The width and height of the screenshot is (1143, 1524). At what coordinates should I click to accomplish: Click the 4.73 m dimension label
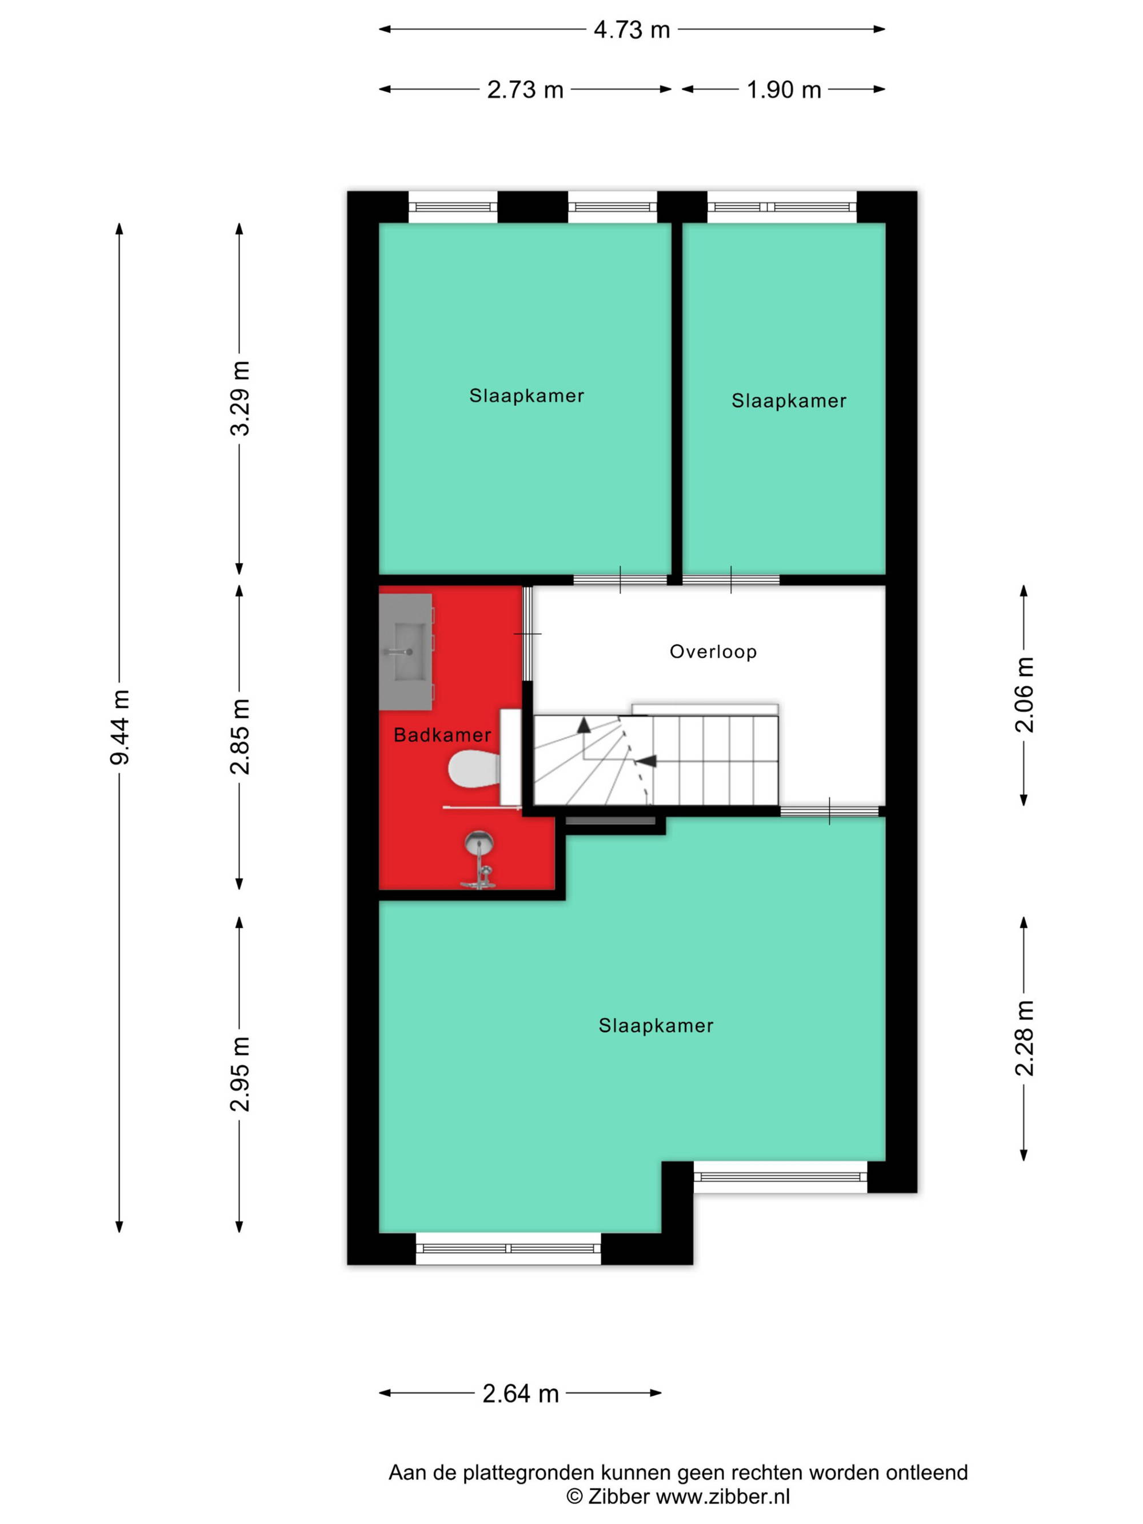(631, 30)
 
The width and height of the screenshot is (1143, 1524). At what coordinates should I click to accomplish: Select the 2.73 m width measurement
(525, 90)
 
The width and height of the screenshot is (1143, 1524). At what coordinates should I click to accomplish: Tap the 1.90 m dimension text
(784, 90)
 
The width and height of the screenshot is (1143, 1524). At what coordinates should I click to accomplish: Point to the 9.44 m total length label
(120, 727)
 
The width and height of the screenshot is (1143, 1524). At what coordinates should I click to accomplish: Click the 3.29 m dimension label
(240, 398)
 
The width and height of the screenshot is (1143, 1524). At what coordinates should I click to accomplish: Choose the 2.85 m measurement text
(240, 736)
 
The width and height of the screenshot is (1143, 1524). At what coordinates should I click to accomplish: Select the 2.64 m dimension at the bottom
(520, 1394)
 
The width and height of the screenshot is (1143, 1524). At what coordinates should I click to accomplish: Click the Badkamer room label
(442, 735)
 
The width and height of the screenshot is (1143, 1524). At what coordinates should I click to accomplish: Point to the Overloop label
(713, 652)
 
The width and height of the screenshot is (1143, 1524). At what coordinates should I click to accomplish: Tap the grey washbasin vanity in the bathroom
(406, 652)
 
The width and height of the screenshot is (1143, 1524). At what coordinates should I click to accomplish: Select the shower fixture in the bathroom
(479, 860)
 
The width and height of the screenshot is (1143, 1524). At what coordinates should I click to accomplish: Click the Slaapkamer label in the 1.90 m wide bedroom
(789, 401)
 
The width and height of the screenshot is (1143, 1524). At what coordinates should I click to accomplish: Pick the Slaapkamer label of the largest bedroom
(656, 1026)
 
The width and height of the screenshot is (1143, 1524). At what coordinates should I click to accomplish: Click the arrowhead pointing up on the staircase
(584, 725)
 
